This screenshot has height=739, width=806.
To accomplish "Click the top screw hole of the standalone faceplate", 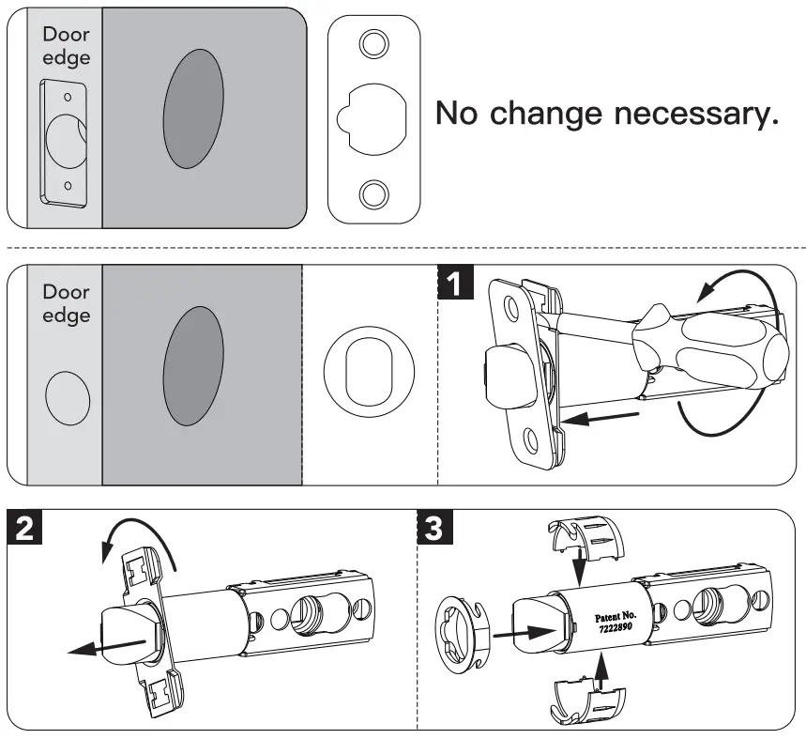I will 373,43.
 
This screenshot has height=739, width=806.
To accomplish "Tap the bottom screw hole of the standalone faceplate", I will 373,193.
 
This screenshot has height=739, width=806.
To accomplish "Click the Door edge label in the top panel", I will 66,45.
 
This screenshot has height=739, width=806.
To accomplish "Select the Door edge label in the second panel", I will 66,303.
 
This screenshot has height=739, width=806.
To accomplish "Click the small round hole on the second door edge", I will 68,398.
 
